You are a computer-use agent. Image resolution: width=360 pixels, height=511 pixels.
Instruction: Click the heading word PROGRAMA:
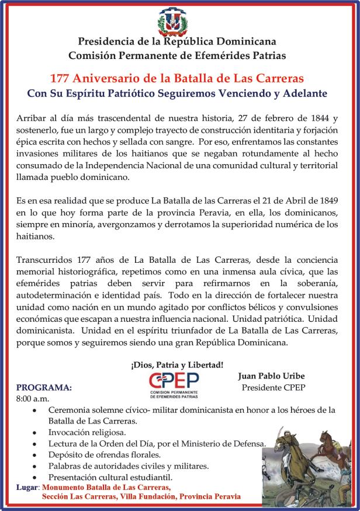click(x=44, y=387)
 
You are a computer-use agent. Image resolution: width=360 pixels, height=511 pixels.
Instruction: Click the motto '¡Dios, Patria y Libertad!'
click(x=177, y=365)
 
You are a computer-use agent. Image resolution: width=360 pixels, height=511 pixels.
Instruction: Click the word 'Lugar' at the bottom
click(x=27, y=486)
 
